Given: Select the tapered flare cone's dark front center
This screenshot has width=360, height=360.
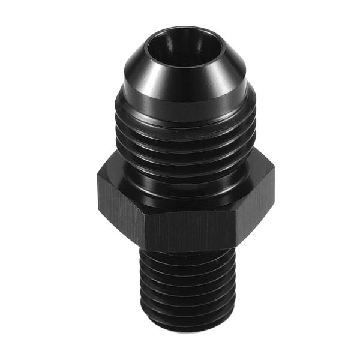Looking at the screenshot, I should click(180, 84).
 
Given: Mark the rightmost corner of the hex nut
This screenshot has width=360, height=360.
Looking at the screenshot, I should click(273, 180).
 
